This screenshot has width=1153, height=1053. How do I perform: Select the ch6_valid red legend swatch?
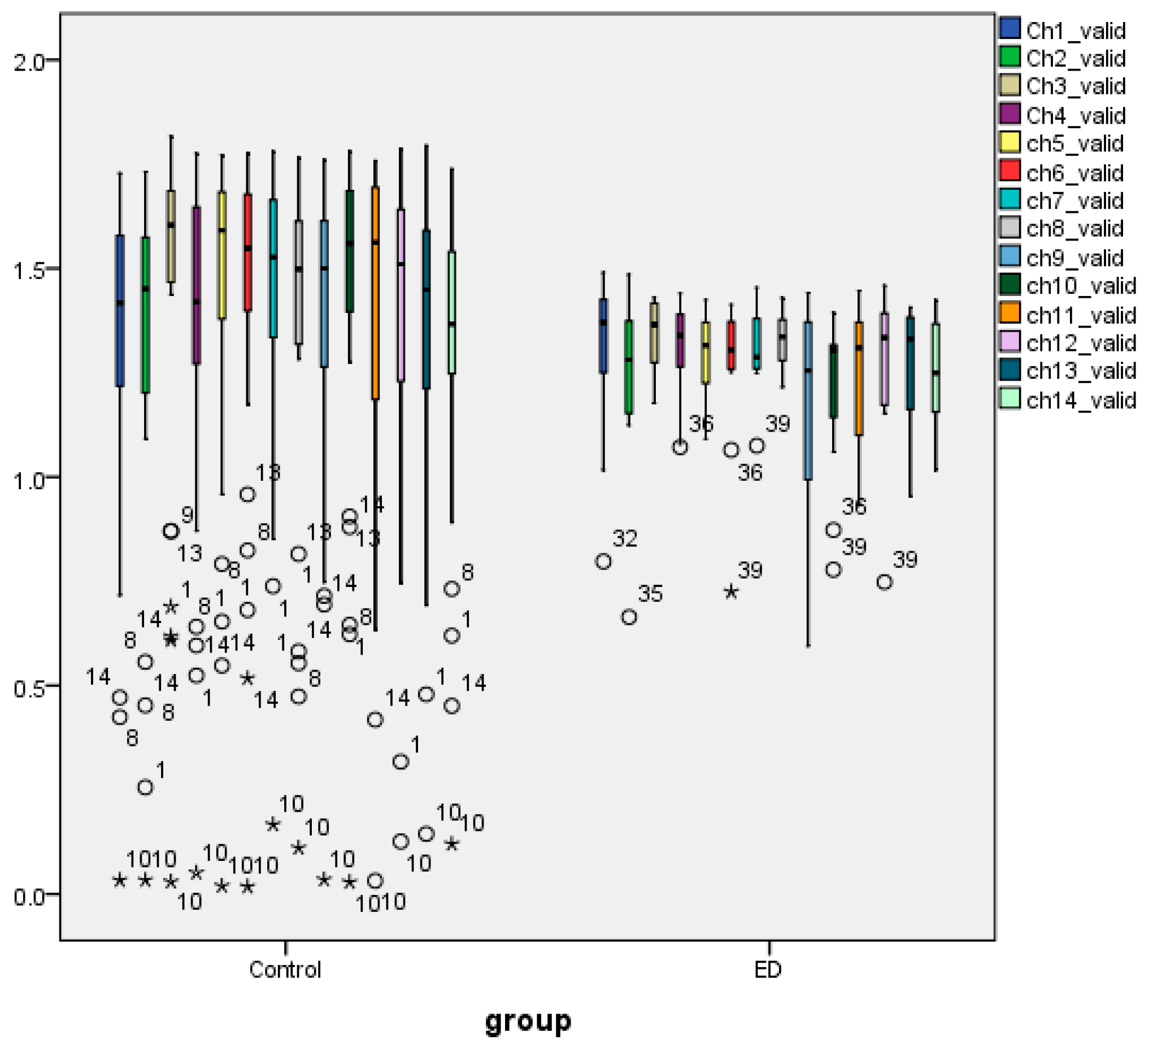tap(1011, 172)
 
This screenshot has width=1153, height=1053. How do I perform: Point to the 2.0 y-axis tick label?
tap(29, 61)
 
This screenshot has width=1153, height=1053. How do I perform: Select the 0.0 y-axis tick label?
tap(29, 897)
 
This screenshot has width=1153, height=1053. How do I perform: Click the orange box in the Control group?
tap(375, 291)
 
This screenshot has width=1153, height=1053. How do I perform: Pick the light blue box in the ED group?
tap(808, 401)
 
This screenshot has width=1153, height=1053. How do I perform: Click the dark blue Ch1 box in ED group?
tap(603, 336)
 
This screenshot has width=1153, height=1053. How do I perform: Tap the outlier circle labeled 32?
tap(603, 562)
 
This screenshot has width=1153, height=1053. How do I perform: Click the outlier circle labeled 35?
tap(629, 617)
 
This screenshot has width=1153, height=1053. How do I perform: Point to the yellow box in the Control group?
tap(223, 255)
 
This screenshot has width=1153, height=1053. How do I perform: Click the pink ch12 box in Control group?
tap(401, 294)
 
